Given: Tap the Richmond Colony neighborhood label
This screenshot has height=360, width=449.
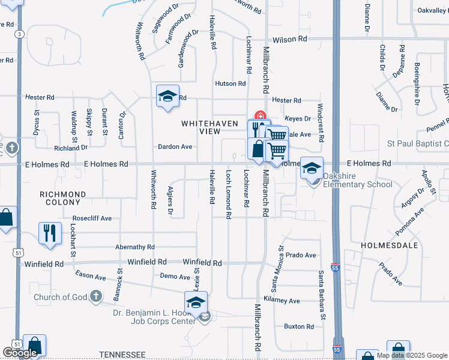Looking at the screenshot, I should pos(63,199).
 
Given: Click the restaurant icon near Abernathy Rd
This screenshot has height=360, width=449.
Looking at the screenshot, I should pos(50,233).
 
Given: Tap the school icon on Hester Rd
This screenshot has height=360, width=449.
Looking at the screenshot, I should pos(168,97).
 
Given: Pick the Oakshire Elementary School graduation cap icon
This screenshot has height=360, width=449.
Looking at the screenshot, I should pos(312,169).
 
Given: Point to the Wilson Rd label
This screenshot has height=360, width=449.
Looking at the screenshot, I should pos(290,39).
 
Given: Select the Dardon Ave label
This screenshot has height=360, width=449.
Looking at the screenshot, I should pos(175,146).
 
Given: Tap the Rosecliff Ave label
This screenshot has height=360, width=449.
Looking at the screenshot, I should pos(92,218).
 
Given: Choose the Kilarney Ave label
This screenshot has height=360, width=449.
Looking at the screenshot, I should pos(285,301).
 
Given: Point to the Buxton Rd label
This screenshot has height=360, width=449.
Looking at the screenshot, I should pos(298,327).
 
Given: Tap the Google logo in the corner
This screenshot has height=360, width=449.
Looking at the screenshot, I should pos(20,353).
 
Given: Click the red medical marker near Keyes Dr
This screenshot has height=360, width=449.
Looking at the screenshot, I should pos(260,115).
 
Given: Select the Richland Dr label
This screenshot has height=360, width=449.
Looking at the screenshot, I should pos(71,148).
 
